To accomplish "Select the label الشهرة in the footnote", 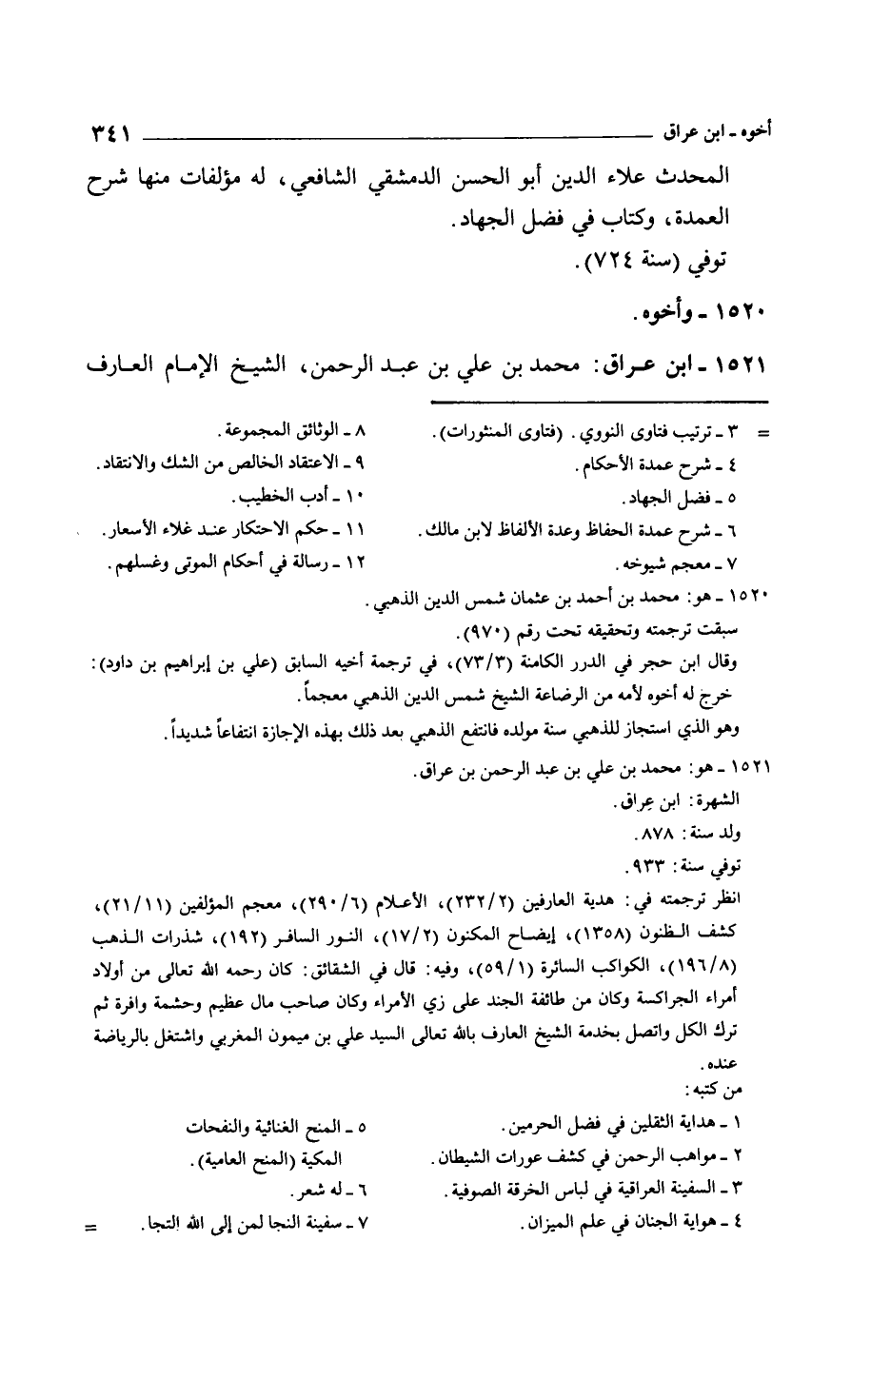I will point(718,802).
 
